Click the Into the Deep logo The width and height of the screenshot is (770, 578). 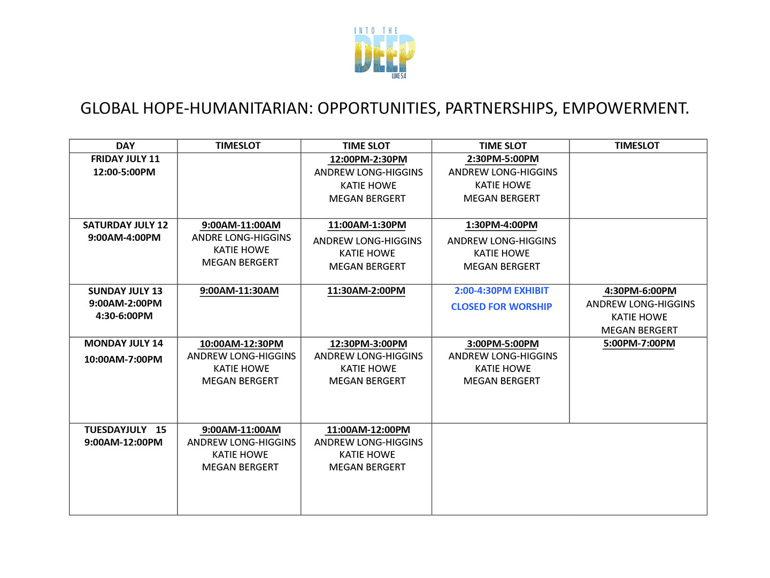click(384, 52)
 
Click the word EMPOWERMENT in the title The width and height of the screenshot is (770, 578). click(625, 108)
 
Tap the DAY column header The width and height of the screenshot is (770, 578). click(125, 146)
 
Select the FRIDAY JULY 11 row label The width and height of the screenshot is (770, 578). click(125, 159)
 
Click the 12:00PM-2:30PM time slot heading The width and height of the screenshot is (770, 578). click(368, 159)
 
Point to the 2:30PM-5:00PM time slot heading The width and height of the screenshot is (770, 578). click(503, 159)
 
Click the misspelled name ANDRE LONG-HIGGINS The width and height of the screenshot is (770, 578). click(241, 237)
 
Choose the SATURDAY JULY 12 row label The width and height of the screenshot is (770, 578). click(125, 225)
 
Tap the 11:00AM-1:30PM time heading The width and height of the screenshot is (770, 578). click(367, 225)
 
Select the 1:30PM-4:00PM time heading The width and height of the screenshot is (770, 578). click(502, 225)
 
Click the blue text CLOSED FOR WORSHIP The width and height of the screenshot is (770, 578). click(502, 307)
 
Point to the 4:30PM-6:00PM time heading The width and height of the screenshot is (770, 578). click(640, 291)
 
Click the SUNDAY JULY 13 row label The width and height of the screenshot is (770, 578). click(125, 291)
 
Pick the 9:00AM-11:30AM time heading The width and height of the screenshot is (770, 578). click(239, 291)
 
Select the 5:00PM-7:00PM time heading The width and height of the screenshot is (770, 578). click(639, 343)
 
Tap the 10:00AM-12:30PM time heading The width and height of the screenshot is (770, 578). click(241, 344)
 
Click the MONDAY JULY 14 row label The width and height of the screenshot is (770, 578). click(124, 343)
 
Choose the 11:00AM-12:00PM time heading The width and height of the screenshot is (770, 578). click(368, 430)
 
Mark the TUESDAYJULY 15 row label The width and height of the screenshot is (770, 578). click(125, 430)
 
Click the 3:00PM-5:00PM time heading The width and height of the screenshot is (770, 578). click(503, 344)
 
